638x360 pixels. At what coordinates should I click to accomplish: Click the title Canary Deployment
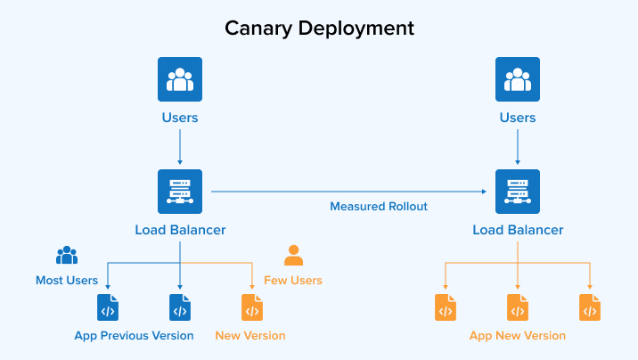(319, 28)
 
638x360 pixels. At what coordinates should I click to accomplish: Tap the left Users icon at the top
(180, 79)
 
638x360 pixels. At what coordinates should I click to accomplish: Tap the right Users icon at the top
(518, 79)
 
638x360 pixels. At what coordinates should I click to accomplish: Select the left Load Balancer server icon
(180, 192)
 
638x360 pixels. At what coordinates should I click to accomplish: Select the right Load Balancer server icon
(518, 192)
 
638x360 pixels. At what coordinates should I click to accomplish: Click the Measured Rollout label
(379, 207)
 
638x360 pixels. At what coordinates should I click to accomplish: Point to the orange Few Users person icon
(293, 256)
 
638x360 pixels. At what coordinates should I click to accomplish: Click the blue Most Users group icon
(67, 256)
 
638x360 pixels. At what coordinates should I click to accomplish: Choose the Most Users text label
(67, 281)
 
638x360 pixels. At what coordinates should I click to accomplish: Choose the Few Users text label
(293, 281)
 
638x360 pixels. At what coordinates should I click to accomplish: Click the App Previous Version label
(134, 336)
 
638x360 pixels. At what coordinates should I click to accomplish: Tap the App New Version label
(518, 336)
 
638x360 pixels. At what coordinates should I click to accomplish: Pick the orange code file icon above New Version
(252, 307)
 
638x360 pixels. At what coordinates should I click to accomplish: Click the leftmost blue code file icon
(108, 307)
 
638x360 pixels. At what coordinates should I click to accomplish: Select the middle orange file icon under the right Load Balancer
(518, 307)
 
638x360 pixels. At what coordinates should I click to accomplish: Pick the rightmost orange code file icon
(590, 307)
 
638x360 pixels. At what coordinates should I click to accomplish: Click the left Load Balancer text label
(180, 230)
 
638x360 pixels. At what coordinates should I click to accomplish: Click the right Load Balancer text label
(518, 230)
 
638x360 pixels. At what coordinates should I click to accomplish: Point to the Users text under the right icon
(518, 118)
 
